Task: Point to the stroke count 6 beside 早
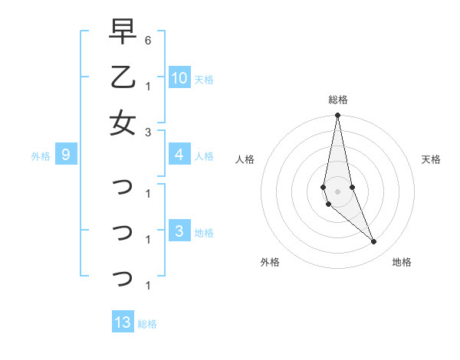tap(147, 40)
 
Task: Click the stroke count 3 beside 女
tap(147, 131)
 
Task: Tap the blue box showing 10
tap(179, 77)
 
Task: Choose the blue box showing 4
tap(179, 155)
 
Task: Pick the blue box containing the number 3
tap(179, 231)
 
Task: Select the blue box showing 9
tap(67, 155)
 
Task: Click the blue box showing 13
tap(123, 322)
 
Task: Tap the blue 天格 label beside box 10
tap(204, 79)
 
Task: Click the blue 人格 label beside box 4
tap(204, 156)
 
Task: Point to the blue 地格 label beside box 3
tap(204, 233)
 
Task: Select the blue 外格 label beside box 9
tap(41, 156)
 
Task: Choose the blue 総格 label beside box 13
tap(147, 324)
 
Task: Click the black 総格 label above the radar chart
tap(337, 100)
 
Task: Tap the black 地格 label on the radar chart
tap(402, 262)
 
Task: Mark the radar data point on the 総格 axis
tap(337, 116)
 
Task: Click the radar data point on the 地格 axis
tap(374, 242)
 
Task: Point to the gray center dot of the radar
tap(337, 191)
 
